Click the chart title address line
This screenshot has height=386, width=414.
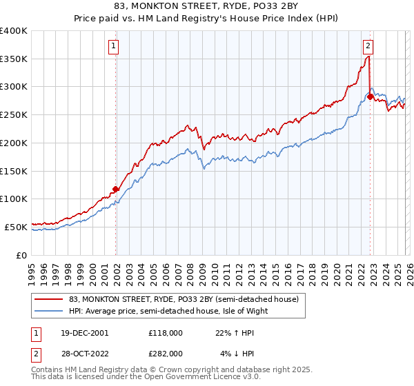(207, 6)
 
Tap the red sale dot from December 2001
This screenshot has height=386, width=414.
(116, 189)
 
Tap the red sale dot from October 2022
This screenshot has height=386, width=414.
(370, 97)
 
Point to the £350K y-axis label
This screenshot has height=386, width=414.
(14, 59)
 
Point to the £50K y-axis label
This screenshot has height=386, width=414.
(16, 227)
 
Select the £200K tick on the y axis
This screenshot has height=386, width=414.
(14, 143)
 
